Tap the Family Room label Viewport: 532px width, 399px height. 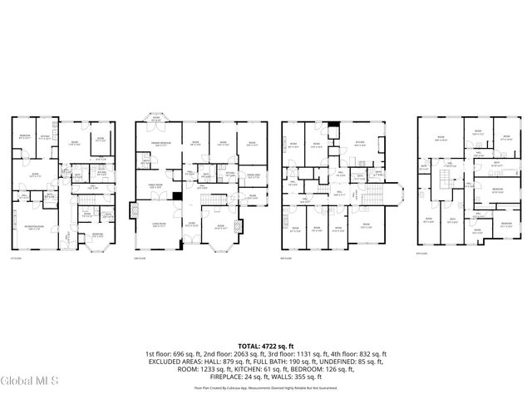pos(155,187)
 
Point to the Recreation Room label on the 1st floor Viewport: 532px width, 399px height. pos(34,226)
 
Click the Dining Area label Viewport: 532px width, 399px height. pos(253,176)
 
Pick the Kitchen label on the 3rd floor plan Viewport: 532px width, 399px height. pos(360,142)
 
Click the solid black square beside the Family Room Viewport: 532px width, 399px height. pos(176,196)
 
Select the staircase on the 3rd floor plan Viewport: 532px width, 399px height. pos(372,199)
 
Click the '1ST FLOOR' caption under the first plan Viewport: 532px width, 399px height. pos(14,258)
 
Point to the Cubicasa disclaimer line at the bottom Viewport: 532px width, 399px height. pos(265,387)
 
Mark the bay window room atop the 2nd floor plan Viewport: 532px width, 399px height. pos(155,120)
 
